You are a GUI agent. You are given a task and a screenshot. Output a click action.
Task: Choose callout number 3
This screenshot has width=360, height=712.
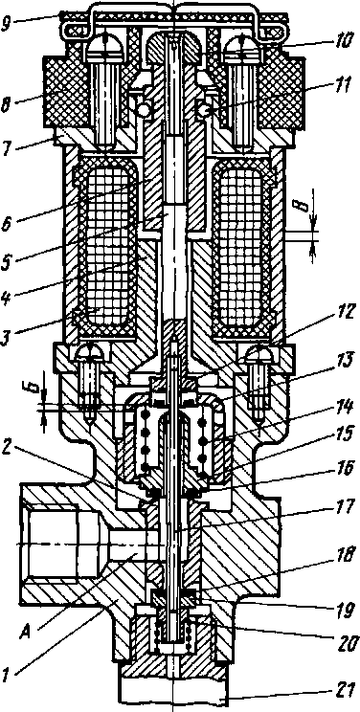pos(8,326)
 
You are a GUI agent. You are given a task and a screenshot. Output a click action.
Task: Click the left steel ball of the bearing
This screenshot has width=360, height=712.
pos(146,110)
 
